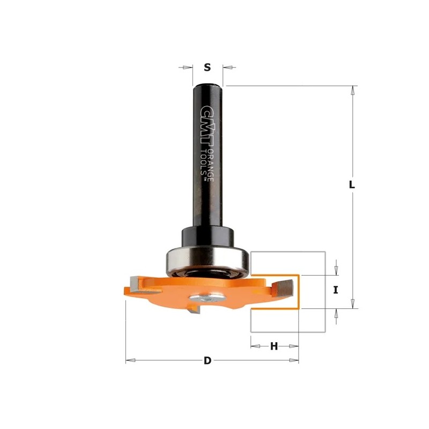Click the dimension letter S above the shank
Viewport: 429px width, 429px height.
tap(208, 67)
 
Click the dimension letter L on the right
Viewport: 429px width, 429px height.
tap(352, 184)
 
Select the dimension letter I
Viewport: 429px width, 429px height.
tap(336, 290)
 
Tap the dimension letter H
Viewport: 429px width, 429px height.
tap(274, 346)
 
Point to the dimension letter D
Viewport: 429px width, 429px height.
tap(208, 360)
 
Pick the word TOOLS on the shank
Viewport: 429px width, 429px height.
tap(204, 164)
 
